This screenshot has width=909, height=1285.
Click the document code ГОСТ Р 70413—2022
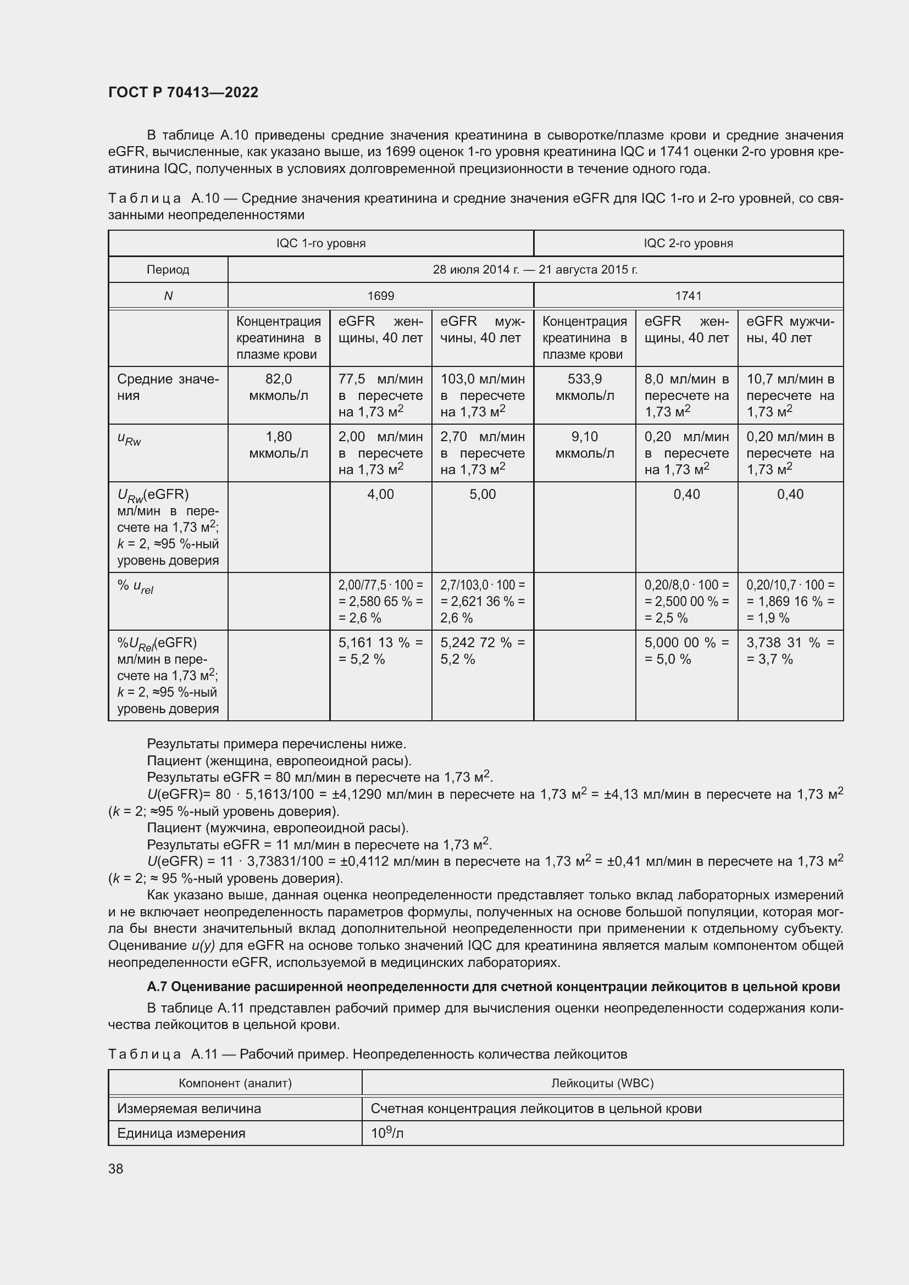tap(183, 92)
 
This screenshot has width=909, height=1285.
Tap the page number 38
tap(116, 1169)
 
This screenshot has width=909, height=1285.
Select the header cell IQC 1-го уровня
tap(321, 243)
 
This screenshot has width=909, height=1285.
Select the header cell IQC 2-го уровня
tap(688, 243)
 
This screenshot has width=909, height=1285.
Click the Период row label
tap(168, 270)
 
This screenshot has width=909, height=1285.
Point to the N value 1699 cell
tap(381, 296)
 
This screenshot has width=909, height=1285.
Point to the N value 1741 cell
tap(688, 296)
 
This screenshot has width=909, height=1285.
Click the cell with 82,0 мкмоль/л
tap(278, 387)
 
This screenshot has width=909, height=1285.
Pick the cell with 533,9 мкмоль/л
tap(584, 387)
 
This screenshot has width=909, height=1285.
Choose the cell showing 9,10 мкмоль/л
tap(584, 445)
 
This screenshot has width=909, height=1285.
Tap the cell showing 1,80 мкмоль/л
tap(278, 445)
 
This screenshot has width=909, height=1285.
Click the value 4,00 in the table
tap(381, 494)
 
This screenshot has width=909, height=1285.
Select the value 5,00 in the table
tap(483, 494)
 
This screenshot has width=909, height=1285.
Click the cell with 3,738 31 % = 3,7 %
tap(790, 651)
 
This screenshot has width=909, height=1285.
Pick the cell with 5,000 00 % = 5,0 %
tap(686, 651)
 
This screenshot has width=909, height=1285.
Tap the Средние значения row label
tap(168, 387)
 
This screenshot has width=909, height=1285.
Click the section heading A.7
tap(493, 986)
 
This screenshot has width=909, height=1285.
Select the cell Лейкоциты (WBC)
tap(602, 1083)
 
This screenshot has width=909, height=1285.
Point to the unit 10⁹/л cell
tap(387, 1133)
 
